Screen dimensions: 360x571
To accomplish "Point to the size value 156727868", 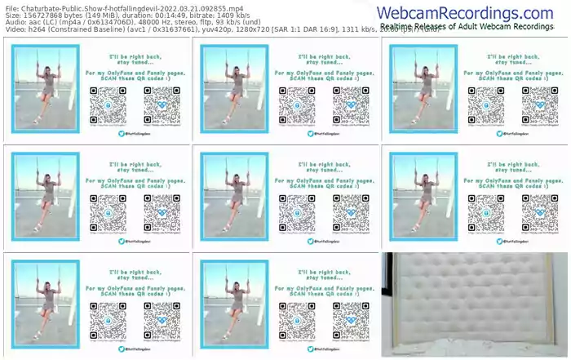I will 47,15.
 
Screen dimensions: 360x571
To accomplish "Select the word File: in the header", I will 11,7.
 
